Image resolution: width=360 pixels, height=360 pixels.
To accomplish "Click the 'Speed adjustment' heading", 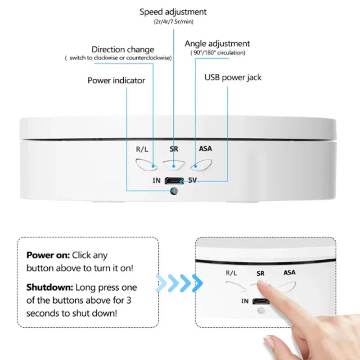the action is click(x=173, y=12).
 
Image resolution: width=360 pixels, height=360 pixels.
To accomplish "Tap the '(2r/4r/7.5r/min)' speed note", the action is click(x=173, y=22).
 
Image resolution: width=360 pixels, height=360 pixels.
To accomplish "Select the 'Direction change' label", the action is click(x=123, y=49).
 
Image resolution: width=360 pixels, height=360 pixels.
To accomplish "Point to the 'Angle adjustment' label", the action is click(x=217, y=44).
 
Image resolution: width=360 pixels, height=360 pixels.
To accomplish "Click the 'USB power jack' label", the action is click(x=233, y=77).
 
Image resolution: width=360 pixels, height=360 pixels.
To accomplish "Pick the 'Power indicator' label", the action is click(x=116, y=81).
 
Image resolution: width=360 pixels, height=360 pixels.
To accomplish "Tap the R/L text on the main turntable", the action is click(x=142, y=149).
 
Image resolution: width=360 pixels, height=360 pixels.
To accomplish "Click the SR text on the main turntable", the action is click(x=174, y=149).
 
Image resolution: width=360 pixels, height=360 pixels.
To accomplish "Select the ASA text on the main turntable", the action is click(x=205, y=149).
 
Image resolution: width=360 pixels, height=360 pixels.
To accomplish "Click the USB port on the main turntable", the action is click(x=174, y=181).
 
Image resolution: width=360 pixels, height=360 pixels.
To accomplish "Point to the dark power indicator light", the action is click(x=174, y=191).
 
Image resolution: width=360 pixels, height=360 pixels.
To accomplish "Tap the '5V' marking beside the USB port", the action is click(x=193, y=180).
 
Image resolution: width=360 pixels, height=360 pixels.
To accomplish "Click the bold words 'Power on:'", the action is click(x=48, y=255).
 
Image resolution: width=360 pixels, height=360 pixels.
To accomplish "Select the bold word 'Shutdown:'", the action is click(x=49, y=287).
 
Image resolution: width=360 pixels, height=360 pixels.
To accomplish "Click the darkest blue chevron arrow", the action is click(x=197, y=283).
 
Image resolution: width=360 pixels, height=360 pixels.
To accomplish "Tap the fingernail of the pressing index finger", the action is click(x=262, y=283).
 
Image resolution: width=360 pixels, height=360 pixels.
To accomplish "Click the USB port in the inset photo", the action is click(x=261, y=301).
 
